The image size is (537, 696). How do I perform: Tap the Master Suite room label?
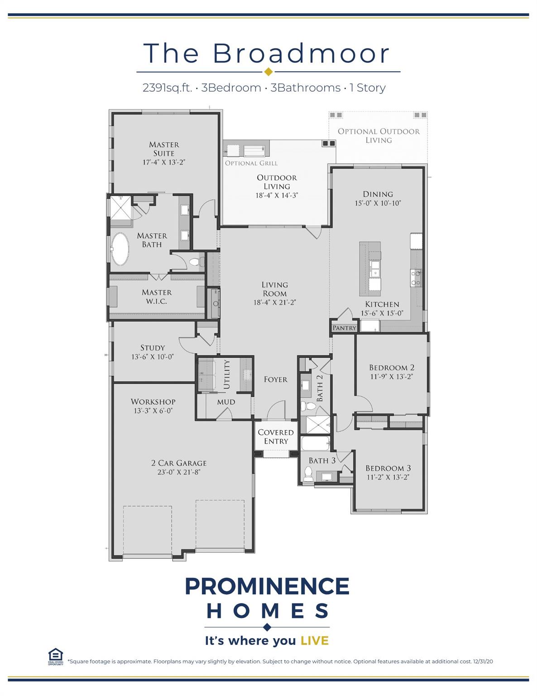click(x=164, y=149)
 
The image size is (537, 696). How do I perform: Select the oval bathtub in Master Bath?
click(x=120, y=249)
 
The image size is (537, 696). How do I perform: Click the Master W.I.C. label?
click(x=157, y=297)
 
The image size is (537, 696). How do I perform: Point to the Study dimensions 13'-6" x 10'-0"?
click(x=153, y=357)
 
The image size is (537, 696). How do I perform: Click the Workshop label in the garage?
click(x=153, y=401)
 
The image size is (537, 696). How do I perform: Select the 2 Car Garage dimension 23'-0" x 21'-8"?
click(x=179, y=472)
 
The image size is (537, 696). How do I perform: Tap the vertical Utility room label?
click(x=227, y=374)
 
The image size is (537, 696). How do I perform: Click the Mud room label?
click(x=226, y=402)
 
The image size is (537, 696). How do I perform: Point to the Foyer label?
click(x=275, y=379)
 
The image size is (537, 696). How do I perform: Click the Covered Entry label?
click(x=276, y=437)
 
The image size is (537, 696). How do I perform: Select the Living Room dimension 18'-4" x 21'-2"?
click(x=274, y=302)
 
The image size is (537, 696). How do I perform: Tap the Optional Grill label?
click(x=251, y=163)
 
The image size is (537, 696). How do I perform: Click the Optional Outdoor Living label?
click(x=379, y=135)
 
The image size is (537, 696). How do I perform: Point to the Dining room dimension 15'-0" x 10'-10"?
click(x=378, y=203)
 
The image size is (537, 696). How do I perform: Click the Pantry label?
click(x=344, y=328)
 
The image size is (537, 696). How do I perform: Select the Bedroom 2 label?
click(x=392, y=367)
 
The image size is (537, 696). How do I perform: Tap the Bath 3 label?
click(x=322, y=460)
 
